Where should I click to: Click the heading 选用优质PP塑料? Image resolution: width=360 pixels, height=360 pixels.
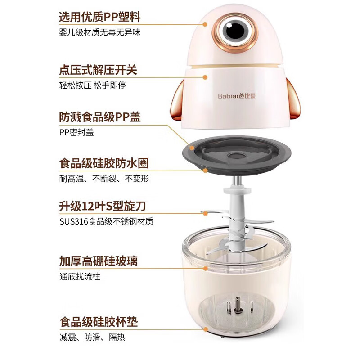point(100,17)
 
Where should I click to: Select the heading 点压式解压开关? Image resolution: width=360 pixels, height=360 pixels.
point(98,70)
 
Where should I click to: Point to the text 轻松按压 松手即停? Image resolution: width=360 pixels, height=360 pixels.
point(92,85)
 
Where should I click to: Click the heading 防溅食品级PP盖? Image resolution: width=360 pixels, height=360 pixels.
point(100,117)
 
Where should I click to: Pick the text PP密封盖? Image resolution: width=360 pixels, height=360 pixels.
point(76,132)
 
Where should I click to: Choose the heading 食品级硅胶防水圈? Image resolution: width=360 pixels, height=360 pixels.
point(103,163)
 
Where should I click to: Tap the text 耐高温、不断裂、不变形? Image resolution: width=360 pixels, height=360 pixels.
point(103,179)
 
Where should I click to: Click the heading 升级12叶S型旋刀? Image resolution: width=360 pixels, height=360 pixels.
point(103,207)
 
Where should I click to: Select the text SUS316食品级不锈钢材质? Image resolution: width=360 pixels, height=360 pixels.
point(106,221)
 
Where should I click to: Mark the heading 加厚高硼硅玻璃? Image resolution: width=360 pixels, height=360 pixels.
point(98,261)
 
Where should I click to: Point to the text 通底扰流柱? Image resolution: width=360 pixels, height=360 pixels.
point(80,276)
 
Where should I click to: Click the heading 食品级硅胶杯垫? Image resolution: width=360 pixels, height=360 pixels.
point(98,322)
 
